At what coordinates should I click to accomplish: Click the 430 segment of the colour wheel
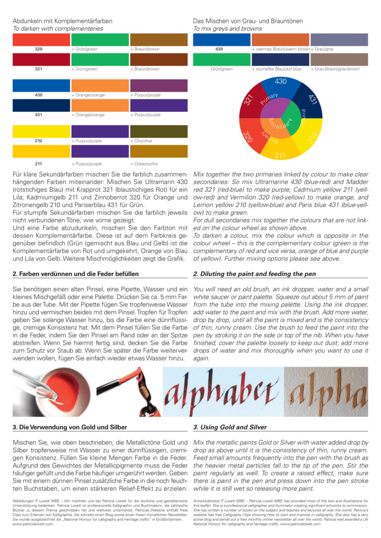pos(280,84)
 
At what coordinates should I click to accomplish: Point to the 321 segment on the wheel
pos(250,99)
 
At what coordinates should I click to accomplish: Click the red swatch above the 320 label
pos(41,39)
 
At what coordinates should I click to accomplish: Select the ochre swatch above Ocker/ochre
pos(158,151)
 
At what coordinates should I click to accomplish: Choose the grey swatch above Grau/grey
pos(338,39)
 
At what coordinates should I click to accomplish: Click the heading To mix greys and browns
pos(227,28)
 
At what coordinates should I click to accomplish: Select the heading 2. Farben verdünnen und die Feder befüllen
pos(76,274)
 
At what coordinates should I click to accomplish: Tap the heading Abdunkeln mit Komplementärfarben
pos(63,21)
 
